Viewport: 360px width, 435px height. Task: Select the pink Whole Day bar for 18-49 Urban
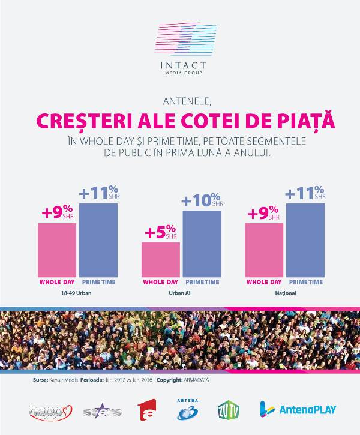click(x=57, y=249)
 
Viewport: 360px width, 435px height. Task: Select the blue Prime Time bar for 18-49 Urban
click(x=98, y=240)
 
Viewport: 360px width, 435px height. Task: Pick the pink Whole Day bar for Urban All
click(x=160, y=259)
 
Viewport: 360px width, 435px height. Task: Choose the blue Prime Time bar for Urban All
click(x=202, y=243)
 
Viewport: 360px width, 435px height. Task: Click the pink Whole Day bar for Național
click(x=264, y=249)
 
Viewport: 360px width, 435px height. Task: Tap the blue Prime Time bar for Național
click(x=305, y=240)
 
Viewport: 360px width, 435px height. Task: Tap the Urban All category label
click(x=181, y=294)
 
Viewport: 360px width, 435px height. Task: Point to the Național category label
click(x=284, y=294)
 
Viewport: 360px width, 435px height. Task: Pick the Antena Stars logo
click(x=103, y=411)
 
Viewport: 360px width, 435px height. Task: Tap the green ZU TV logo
click(x=226, y=410)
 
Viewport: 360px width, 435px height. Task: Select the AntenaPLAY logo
click(x=298, y=410)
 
